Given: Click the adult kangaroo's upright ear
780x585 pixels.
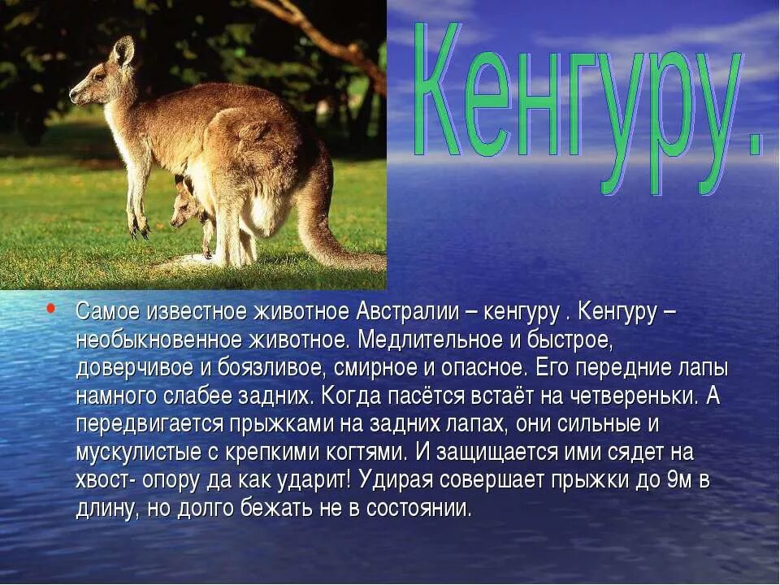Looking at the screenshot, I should [123, 51].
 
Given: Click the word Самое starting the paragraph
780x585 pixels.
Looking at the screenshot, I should [108, 311].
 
